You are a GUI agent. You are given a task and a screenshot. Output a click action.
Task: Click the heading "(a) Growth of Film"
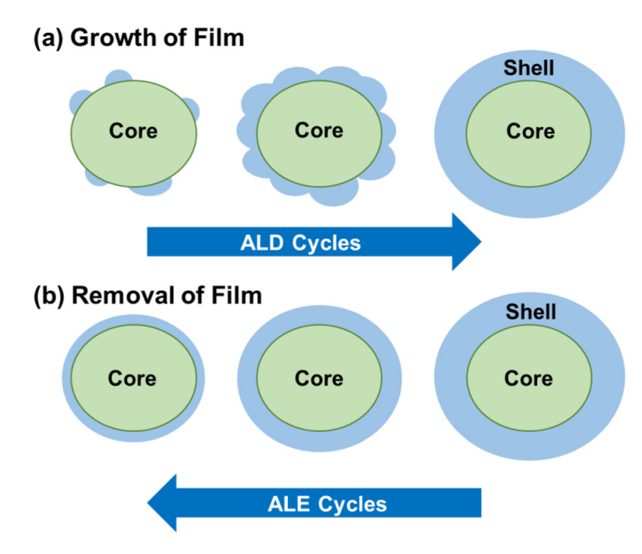click(x=139, y=37)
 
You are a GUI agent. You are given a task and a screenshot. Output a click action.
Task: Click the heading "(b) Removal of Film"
click(x=148, y=295)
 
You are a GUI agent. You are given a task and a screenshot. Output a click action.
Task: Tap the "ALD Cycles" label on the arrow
click(x=300, y=243)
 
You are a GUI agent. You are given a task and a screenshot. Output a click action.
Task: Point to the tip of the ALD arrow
click(x=480, y=243)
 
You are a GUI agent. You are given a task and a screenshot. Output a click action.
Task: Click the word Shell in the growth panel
click(x=530, y=68)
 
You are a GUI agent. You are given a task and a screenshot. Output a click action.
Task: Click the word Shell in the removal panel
click(x=531, y=312)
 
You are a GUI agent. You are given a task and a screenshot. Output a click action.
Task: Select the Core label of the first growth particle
click(x=133, y=131)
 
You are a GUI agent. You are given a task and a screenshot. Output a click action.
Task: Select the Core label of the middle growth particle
click(x=319, y=130)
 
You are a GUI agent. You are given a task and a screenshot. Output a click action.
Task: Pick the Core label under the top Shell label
click(x=530, y=131)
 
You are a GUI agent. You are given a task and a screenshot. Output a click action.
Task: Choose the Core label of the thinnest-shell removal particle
click(x=132, y=377)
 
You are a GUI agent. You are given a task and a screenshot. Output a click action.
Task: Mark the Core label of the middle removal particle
click(x=319, y=377)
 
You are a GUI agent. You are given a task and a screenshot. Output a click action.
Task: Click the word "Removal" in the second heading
click(x=119, y=295)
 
